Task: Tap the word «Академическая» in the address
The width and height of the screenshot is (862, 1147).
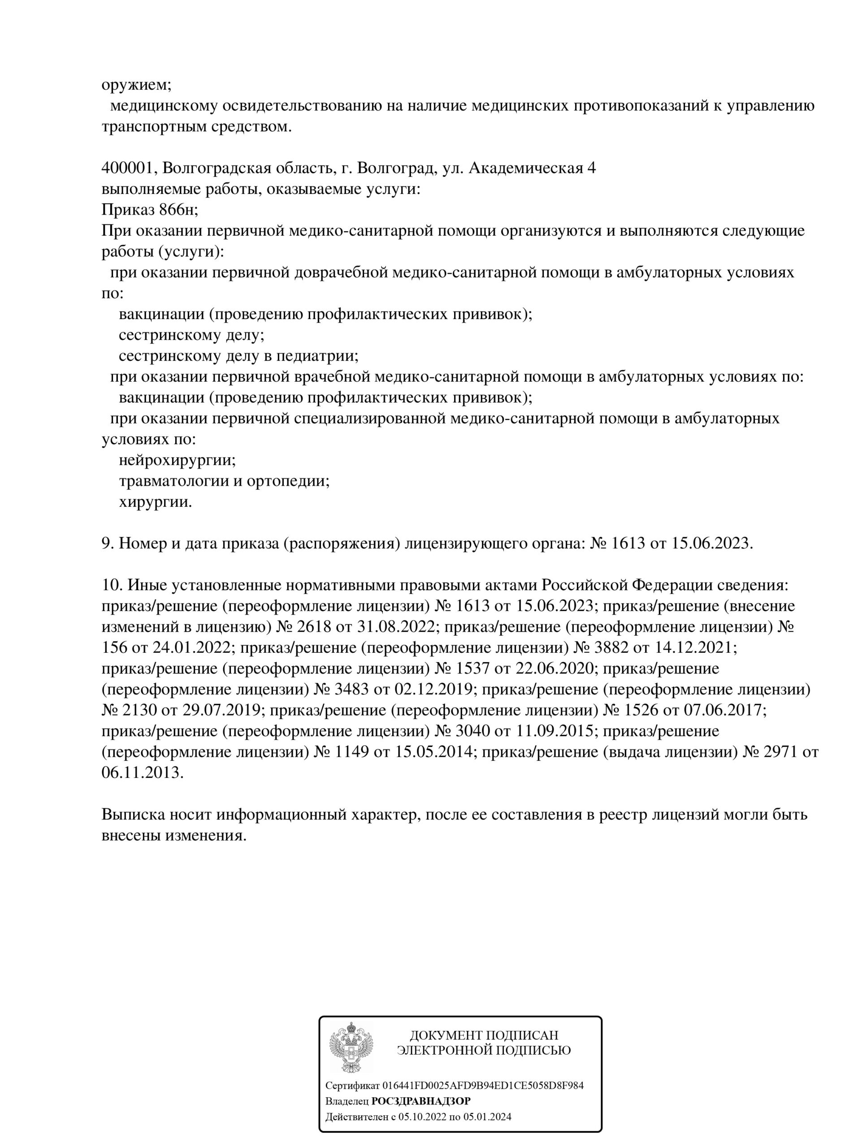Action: point(525,168)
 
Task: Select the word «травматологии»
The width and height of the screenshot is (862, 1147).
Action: point(174,481)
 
